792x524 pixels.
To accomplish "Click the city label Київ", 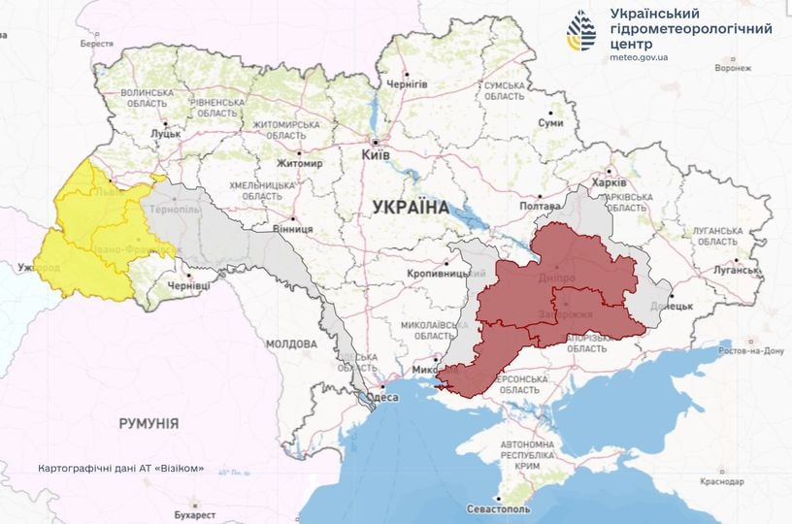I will coord(376,155).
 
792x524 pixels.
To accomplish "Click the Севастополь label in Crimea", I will coord(498,508).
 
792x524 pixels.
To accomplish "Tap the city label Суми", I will coord(551,123).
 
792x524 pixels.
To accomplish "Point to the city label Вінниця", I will coord(291,229).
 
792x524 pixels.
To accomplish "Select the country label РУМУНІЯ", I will coord(148,424).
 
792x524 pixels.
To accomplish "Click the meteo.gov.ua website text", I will coord(639,57).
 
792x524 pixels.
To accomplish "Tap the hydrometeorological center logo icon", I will coord(582,32).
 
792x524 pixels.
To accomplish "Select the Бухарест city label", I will coord(203,506).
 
